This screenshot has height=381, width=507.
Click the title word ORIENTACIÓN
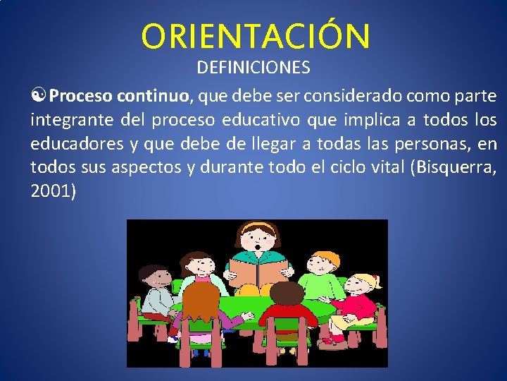point(255,37)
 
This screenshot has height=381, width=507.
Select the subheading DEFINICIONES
point(254,68)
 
